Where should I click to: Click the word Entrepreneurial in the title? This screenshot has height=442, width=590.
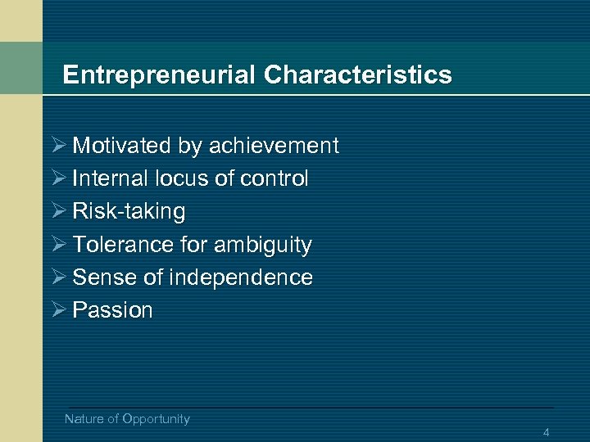(x=160, y=75)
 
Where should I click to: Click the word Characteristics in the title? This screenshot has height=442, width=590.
(x=357, y=75)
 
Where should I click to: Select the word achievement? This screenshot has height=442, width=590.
(x=274, y=146)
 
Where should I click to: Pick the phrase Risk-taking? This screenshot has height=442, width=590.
(x=129, y=211)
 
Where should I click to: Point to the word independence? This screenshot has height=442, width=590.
(x=241, y=277)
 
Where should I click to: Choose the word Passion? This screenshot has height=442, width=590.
(x=113, y=310)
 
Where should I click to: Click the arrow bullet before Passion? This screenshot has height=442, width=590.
(x=57, y=310)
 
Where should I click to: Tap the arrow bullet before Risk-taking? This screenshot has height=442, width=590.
(x=57, y=211)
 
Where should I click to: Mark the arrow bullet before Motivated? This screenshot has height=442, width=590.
(x=57, y=146)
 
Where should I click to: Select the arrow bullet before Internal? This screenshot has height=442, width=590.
(x=57, y=178)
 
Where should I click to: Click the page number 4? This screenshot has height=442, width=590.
(x=546, y=432)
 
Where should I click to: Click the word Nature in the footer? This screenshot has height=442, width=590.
(x=84, y=419)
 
